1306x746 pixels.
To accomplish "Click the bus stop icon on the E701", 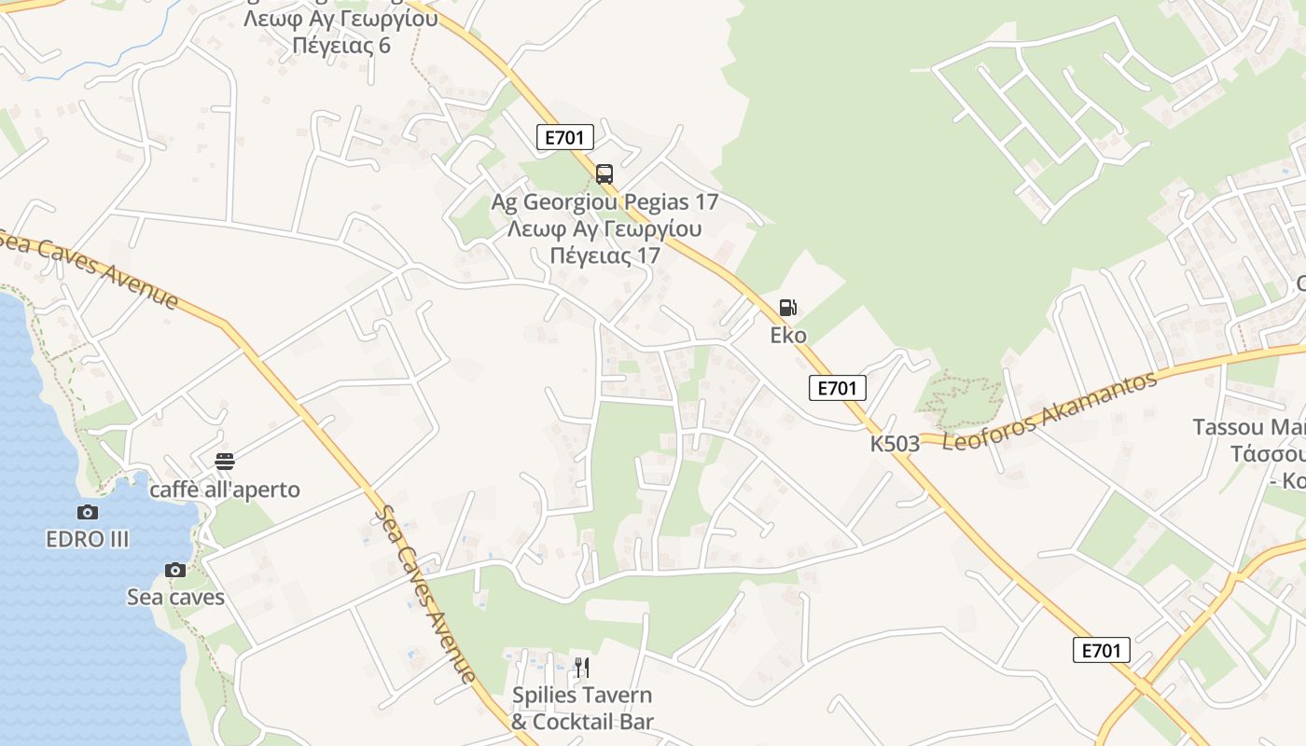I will (x=604, y=173).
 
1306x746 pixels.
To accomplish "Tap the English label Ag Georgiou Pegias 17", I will (x=604, y=201).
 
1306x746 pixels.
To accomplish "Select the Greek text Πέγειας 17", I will (x=604, y=256).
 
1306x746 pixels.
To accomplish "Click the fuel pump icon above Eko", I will (x=788, y=308).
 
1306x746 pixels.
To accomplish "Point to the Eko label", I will (x=788, y=336).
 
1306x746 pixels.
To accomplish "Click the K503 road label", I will (x=895, y=444).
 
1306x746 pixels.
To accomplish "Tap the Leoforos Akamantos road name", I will (x=1050, y=410).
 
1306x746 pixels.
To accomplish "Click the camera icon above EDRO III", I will (x=88, y=512).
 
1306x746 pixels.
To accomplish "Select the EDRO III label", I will (x=88, y=539).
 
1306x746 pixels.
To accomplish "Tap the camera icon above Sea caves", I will (x=175, y=570).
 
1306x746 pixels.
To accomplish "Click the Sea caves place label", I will (x=175, y=597).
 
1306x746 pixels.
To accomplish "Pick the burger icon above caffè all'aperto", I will (x=225, y=461).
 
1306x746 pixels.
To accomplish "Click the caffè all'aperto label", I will (x=225, y=490).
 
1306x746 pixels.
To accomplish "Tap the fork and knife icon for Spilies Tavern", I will (x=582, y=667).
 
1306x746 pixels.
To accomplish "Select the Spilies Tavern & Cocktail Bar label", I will (x=582, y=709).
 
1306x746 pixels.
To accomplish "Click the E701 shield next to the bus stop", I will (x=565, y=137).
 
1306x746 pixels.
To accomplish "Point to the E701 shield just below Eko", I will (x=837, y=388).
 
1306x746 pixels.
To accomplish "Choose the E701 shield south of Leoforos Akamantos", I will (x=1101, y=650).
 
